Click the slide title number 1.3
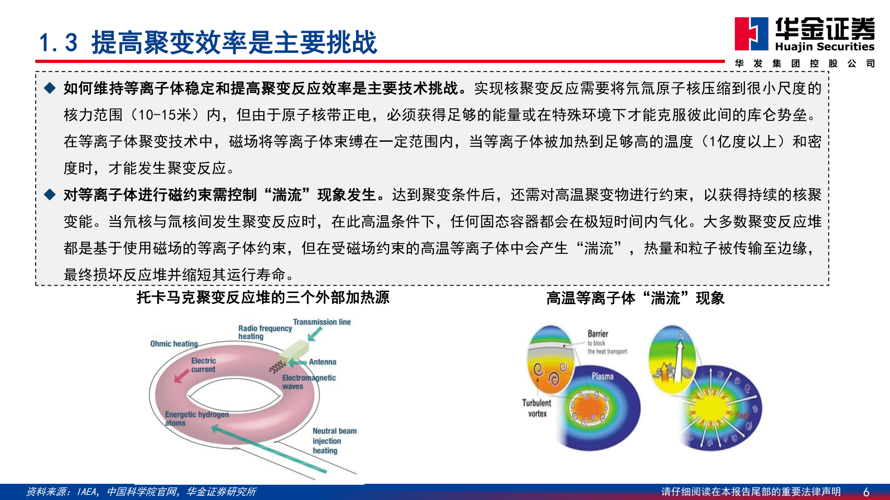point(58,43)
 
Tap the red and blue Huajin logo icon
point(751,33)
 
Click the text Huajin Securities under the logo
point(824,47)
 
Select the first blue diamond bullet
point(50,88)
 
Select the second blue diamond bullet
point(50,194)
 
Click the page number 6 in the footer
point(866,492)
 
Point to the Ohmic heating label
point(174,344)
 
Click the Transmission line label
point(322,322)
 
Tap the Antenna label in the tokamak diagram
point(323,362)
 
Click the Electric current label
point(203,365)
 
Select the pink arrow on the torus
point(181,376)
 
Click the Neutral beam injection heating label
point(334,440)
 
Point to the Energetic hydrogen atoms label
point(197,418)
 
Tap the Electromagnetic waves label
point(308,381)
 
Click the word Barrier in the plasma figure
point(598,333)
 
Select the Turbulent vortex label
point(537,408)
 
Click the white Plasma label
point(602,376)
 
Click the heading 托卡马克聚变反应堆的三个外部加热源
point(263,297)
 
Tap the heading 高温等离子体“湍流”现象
point(635,298)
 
